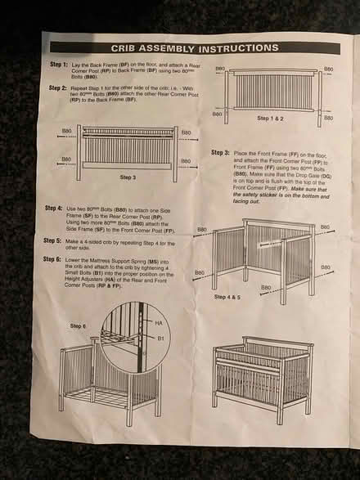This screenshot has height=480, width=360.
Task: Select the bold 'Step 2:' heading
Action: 58,87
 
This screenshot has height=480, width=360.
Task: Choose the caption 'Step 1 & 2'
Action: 271,119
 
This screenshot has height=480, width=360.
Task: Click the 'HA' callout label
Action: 161,323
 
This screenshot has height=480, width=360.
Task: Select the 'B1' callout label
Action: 161,337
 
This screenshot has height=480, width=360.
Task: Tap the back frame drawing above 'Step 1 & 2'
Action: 273,91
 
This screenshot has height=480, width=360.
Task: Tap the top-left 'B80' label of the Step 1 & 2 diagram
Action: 220,70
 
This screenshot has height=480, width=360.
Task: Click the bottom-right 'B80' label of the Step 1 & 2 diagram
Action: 328,114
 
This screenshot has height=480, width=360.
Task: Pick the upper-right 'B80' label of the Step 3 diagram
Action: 186,133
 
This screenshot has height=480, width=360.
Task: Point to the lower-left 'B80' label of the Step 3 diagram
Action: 66,160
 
